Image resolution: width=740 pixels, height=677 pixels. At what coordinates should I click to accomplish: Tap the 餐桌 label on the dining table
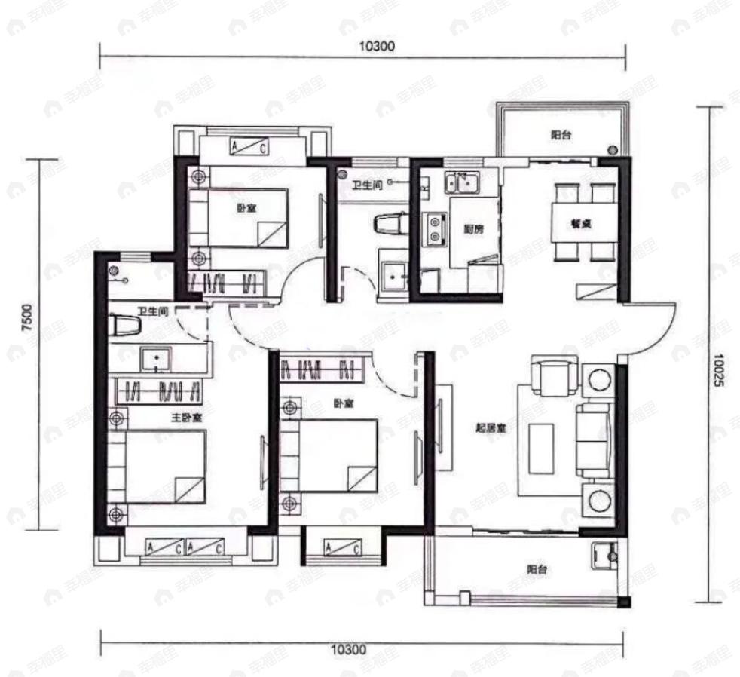(x=582, y=223)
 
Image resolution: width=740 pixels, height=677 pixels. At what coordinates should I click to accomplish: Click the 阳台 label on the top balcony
(x=559, y=136)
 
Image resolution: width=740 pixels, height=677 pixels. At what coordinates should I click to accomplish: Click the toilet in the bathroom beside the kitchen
(x=390, y=223)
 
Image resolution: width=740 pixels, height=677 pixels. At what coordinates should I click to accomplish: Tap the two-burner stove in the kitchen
(x=435, y=229)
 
